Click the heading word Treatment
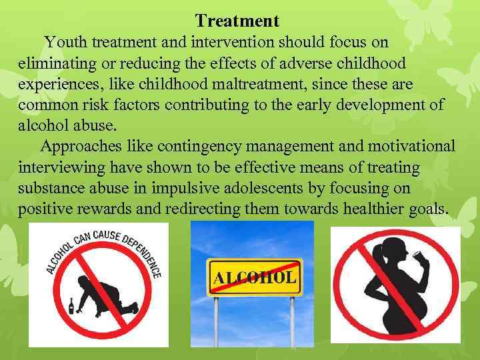pos(237,21)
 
